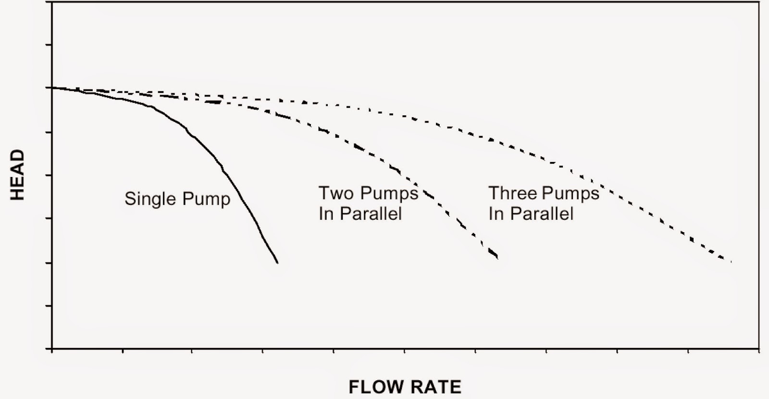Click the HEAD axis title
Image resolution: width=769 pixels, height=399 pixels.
(17, 175)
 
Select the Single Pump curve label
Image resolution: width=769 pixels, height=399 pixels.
(177, 199)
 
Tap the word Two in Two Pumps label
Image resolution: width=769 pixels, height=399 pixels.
(336, 193)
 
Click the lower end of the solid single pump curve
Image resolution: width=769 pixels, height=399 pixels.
(277, 262)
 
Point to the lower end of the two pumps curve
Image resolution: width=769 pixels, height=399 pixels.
(496, 258)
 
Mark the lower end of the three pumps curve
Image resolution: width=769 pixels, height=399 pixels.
(731, 262)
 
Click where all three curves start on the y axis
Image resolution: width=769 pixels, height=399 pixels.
(52, 88)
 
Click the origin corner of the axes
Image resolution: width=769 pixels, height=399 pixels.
(52, 349)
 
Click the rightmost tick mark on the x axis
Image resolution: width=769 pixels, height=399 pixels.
(759, 351)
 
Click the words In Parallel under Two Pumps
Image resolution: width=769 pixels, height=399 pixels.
(360, 213)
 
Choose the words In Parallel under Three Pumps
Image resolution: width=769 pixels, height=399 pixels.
(531, 213)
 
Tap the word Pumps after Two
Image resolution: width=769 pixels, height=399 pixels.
(389, 193)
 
